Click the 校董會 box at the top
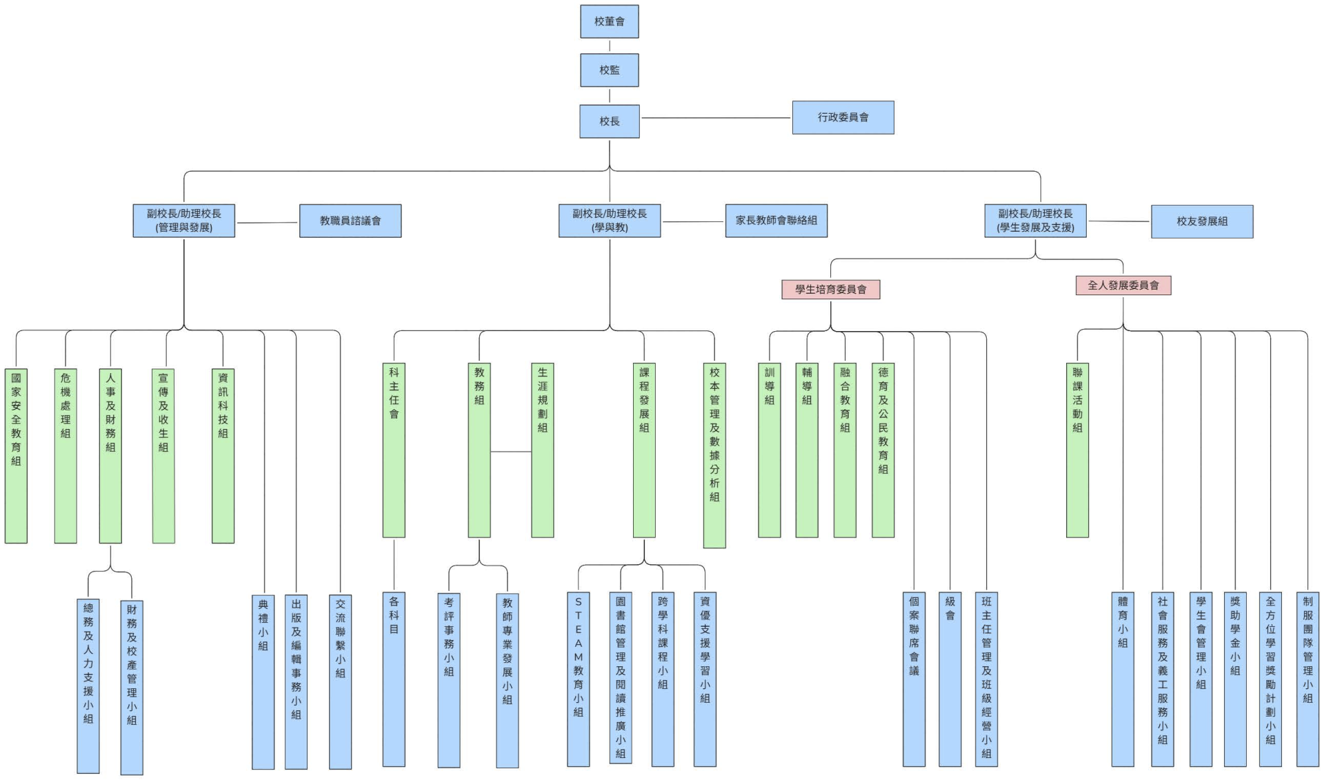[609, 21]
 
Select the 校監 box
[609, 70]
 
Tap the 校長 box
[609, 121]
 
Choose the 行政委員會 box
[843, 117]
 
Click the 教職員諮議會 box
[350, 221]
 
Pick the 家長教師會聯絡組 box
[776, 220]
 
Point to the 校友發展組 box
[1201, 221]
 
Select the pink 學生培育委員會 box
[830, 289]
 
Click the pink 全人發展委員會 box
[1123, 285]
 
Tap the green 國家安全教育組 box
[16, 455]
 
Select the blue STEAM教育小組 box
[578, 679]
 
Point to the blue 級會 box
[950, 679]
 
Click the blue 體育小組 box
[1122, 679]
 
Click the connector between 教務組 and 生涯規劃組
[510, 452]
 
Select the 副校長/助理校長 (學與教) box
[609, 221]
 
